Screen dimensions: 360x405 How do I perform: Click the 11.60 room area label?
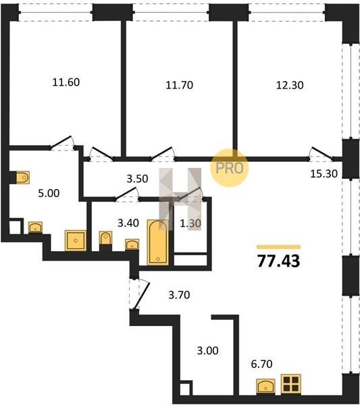[66, 82]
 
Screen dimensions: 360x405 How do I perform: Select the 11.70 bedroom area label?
[180, 85]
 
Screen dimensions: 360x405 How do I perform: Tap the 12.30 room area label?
[290, 85]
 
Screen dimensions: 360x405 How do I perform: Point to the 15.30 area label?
[324, 174]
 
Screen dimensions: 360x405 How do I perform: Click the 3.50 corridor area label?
[137, 179]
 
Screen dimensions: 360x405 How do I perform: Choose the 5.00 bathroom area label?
[49, 193]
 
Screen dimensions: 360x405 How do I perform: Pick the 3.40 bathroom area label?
[128, 223]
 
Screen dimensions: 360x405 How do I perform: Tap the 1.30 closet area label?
[190, 223]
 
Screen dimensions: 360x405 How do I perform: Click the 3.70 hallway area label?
[179, 295]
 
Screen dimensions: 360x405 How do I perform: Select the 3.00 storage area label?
[208, 351]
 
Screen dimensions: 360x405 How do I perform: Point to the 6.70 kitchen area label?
[262, 364]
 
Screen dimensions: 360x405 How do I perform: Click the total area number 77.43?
[278, 261]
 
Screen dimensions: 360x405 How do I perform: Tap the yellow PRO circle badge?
[230, 168]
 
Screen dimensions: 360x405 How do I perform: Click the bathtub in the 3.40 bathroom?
[157, 242]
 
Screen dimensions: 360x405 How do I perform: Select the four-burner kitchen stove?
[291, 384]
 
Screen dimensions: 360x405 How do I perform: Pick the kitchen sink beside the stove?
[265, 386]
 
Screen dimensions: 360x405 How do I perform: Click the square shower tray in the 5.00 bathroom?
[76, 240]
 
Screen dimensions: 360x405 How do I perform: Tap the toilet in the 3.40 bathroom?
[105, 238]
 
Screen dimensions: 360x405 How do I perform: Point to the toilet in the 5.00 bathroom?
[23, 178]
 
